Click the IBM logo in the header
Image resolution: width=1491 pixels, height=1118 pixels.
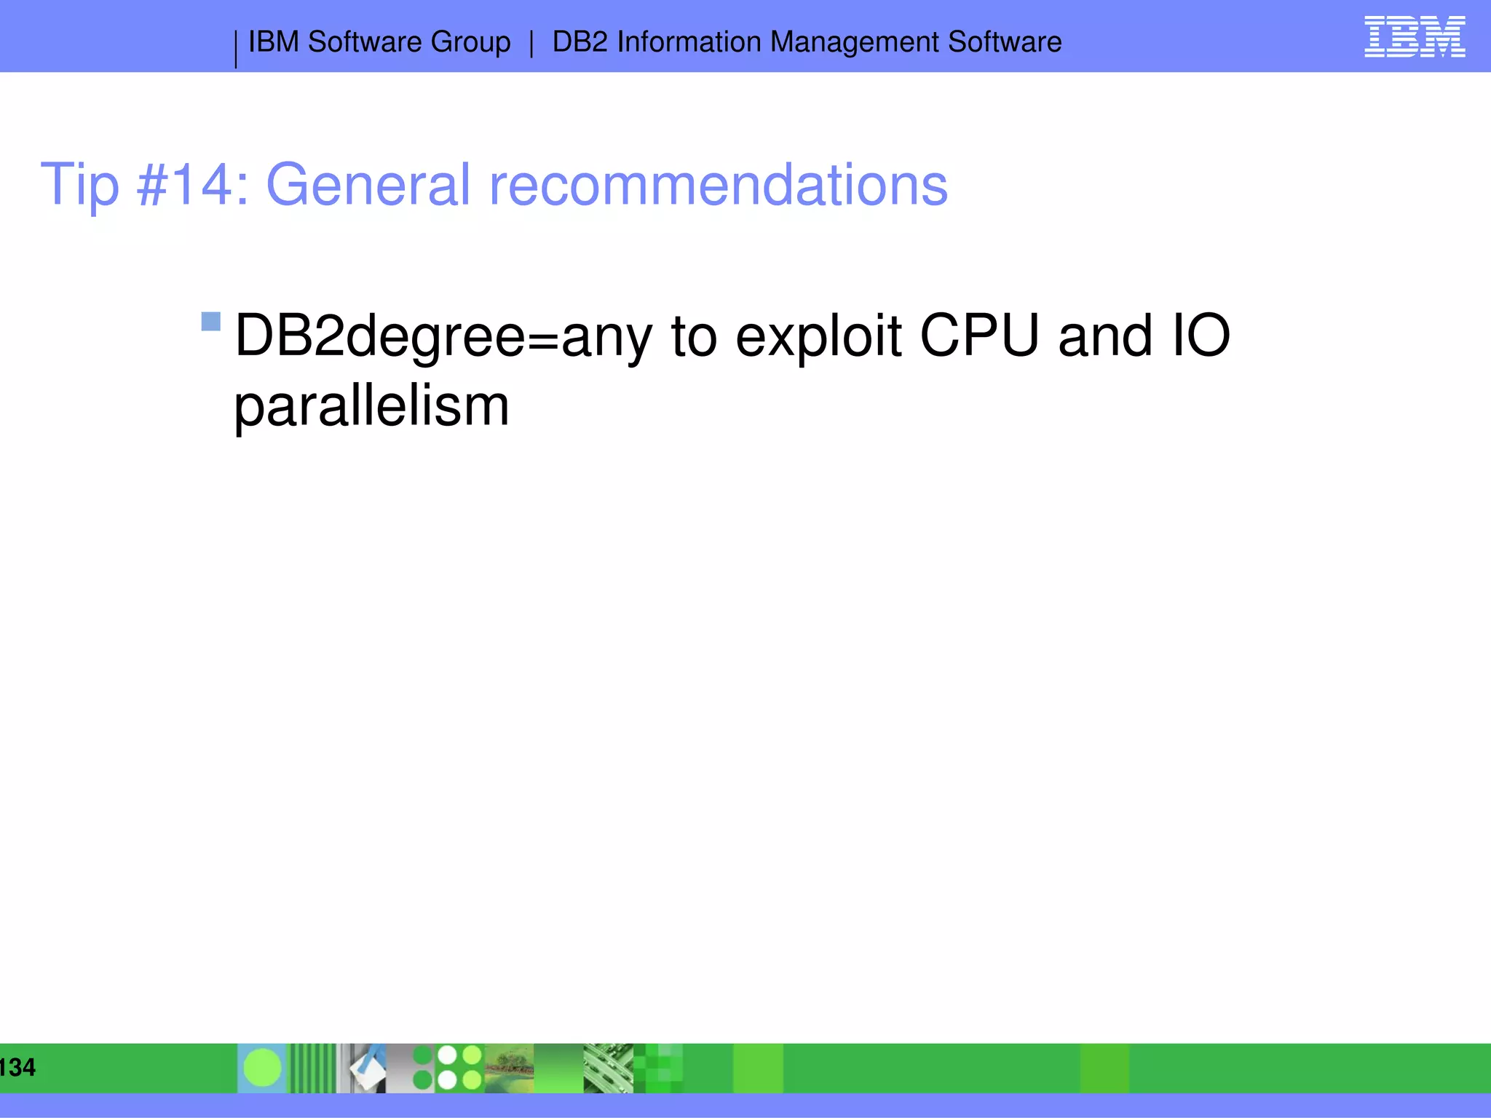coord(1414,37)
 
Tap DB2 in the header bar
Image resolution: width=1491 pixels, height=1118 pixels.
coord(580,42)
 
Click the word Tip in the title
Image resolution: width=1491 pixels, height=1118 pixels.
coord(79,185)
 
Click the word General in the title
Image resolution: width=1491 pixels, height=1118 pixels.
coord(368,185)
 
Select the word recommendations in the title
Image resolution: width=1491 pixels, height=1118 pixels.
coord(718,185)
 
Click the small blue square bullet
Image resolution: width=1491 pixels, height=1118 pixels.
coord(211,321)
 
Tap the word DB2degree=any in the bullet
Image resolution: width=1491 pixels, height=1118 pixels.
coord(443,336)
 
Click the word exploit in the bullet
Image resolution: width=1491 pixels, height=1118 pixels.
coord(818,336)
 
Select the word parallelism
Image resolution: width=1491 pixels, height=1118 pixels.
coord(371,406)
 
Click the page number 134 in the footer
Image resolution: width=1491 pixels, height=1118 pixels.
coord(17,1067)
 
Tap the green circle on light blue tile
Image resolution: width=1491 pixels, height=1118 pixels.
coord(262,1068)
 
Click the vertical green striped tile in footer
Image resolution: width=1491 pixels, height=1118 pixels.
coord(313,1068)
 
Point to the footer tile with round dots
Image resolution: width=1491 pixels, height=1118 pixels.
coord(447,1068)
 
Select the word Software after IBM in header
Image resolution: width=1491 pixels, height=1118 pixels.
coord(364,42)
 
